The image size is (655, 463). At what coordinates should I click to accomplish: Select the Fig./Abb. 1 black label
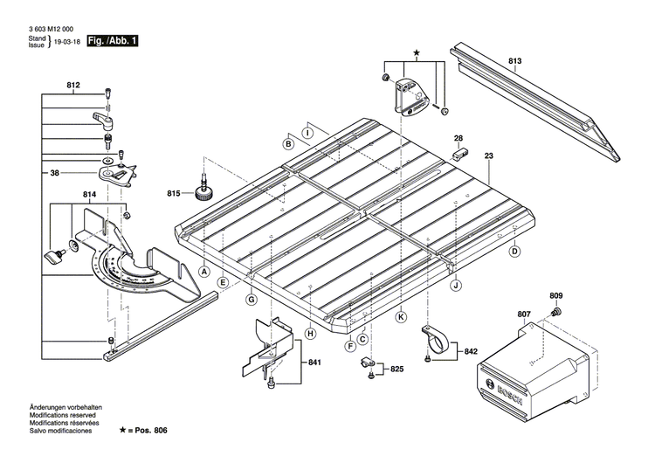click(114, 41)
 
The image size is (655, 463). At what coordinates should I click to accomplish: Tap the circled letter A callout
click(204, 272)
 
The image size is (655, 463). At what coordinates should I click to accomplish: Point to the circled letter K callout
click(401, 317)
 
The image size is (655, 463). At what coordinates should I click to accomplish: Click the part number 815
click(175, 192)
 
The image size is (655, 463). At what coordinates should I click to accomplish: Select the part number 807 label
click(524, 314)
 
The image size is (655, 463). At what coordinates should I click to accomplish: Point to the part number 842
click(471, 351)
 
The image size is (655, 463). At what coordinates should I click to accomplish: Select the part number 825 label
click(396, 370)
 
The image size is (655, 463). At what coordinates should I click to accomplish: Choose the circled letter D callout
click(515, 252)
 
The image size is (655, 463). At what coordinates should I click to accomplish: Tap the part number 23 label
click(489, 156)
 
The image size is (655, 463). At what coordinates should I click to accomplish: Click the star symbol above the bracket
click(416, 54)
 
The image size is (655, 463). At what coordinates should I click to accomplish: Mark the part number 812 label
click(72, 85)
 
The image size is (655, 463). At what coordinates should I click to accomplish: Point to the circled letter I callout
click(307, 133)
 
